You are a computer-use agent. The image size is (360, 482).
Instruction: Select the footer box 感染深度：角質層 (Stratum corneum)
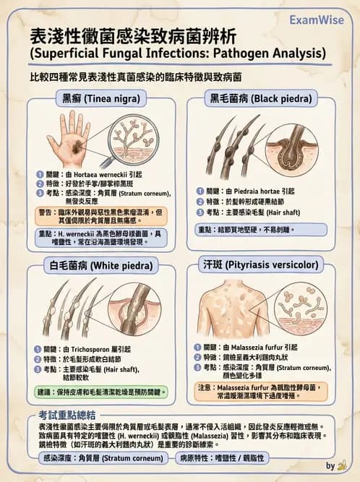99,458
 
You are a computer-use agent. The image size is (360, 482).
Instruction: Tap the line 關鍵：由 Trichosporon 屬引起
87,349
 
